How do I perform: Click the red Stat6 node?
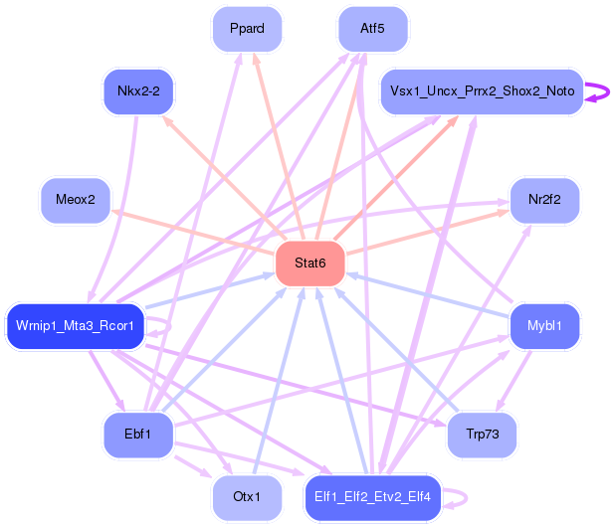(x=310, y=263)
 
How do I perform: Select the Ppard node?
(x=247, y=29)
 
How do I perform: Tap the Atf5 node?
(x=373, y=29)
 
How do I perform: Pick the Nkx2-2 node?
(x=138, y=91)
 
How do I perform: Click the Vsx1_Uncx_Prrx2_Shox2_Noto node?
(x=482, y=91)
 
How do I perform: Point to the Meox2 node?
(x=76, y=200)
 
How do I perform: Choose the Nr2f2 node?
(x=544, y=200)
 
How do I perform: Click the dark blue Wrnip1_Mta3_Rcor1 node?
(x=76, y=326)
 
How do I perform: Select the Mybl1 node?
(x=544, y=326)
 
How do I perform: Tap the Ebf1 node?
(x=138, y=435)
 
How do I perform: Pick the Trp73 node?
(x=482, y=435)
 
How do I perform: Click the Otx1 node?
(x=247, y=497)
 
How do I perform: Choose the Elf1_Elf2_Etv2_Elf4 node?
(x=373, y=497)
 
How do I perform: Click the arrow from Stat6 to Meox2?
(x=193, y=232)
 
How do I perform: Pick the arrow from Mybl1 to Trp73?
(x=513, y=381)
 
